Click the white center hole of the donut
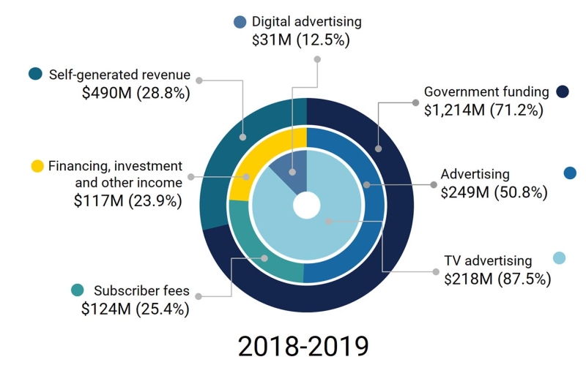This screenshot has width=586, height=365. (x=306, y=205)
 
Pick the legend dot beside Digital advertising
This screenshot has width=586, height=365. (x=240, y=22)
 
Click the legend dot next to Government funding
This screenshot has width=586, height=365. (x=563, y=92)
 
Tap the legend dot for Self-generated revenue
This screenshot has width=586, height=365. (x=34, y=74)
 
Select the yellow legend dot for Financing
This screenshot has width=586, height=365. (x=37, y=166)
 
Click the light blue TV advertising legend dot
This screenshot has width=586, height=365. (x=559, y=258)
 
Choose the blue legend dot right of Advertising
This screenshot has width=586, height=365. (x=571, y=173)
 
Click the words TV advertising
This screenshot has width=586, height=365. (x=488, y=260)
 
